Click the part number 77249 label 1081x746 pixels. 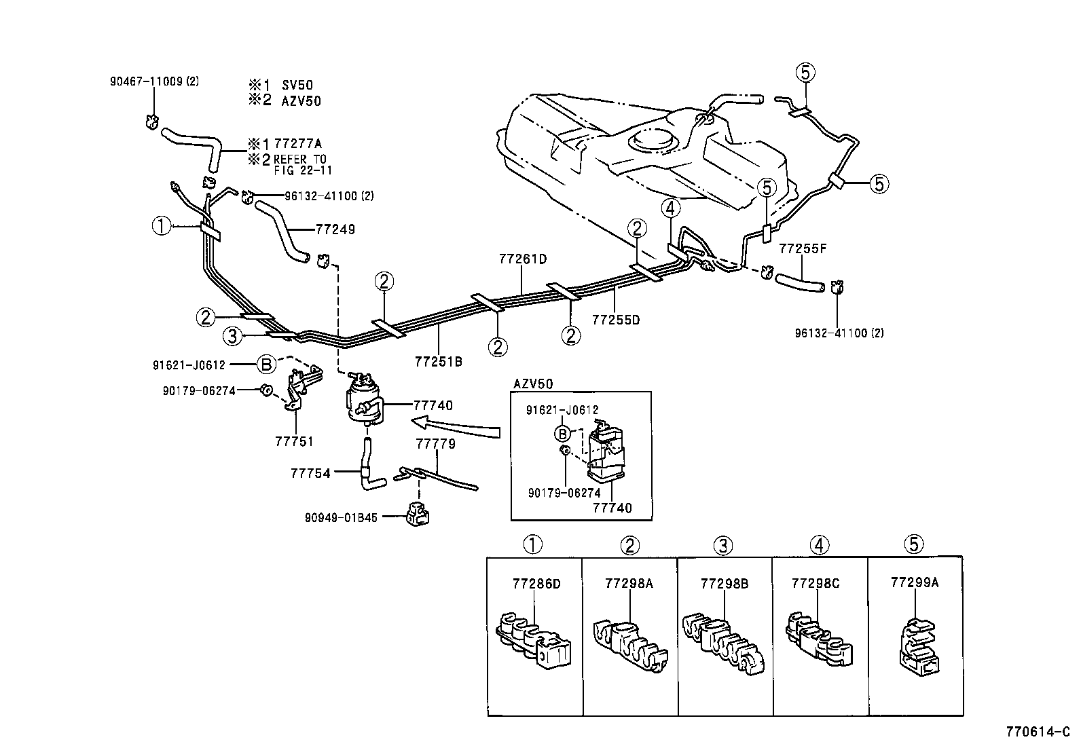point(335,229)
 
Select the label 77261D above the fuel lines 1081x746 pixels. point(522,259)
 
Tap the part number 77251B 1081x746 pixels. point(438,362)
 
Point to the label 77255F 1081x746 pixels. point(803,248)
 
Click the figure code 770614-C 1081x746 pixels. point(1038,732)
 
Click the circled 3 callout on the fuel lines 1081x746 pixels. point(232,335)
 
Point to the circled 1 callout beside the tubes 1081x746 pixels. point(161,225)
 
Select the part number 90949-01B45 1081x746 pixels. point(341,517)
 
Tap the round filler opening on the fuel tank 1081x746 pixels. point(653,141)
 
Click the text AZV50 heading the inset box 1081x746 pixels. point(533,384)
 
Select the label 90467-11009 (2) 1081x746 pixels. point(154,81)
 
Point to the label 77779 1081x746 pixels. point(435,444)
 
